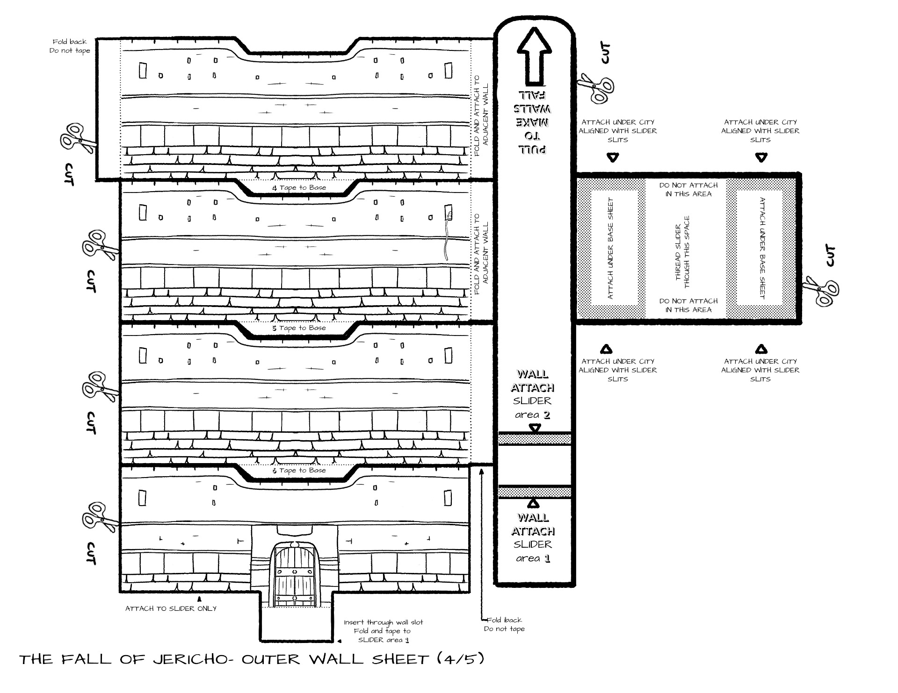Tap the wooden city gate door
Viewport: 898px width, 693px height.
pos(295,574)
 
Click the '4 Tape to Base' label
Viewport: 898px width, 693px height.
pos(299,187)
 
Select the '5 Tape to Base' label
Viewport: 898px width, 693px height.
pos(299,328)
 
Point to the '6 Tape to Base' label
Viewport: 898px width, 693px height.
pos(299,471)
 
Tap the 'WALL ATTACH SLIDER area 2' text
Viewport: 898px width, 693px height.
pos(533,394)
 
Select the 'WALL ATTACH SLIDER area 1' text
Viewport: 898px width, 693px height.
pos(533,538)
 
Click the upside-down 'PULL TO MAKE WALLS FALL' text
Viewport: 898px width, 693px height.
pos(533,122)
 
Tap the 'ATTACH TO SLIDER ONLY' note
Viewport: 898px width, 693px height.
pos(171,608)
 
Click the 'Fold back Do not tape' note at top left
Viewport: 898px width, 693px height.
pos(70,46)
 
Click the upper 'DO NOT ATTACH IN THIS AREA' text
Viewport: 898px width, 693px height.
pos(688,189)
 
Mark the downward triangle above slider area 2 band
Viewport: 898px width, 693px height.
pos(535,428)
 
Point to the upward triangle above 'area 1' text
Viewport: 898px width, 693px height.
pos(533,503)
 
